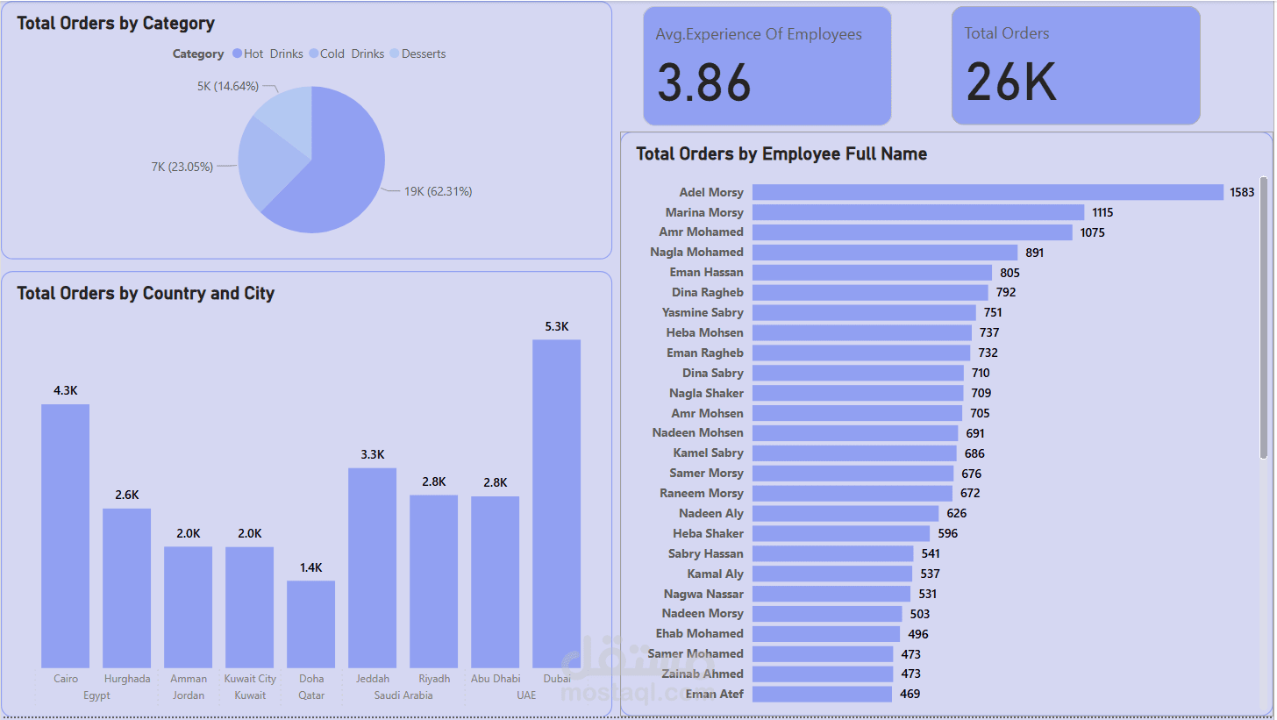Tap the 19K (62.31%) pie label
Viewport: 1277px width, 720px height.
coord(438,191)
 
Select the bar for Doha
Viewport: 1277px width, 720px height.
coord(310,624)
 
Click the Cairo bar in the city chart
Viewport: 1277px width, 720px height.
coord(65,536)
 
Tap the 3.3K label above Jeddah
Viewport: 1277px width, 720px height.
coord(373,454)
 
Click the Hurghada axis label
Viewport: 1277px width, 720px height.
coord(127,679)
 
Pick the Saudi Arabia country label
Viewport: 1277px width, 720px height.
coord(403,695)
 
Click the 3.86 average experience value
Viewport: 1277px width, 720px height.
coord(704,83)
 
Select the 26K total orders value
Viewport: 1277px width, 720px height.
coord(1011,82)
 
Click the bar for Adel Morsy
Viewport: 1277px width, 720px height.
coord(987,192)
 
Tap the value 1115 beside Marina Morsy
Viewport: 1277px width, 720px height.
coord(1102,212)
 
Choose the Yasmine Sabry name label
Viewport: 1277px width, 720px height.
coord(703,312)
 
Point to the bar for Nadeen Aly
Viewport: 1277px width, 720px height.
coord(845,513)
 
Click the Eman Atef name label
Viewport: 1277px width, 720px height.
coord(714,694)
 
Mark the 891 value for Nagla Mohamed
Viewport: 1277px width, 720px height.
coord(1035,253)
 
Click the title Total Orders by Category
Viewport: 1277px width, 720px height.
coord(116,24)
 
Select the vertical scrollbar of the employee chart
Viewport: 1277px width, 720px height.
coord(1264,316)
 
